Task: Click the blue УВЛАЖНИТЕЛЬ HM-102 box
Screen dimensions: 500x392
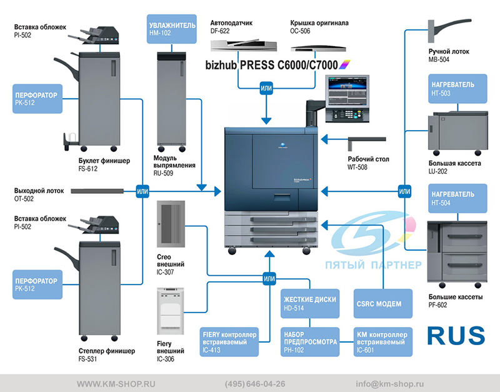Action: [171, 29]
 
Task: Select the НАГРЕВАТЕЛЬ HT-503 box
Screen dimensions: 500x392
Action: [457, 89]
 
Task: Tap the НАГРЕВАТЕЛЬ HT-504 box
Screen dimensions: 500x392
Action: [457, 198]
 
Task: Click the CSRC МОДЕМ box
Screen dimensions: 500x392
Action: [383, 304]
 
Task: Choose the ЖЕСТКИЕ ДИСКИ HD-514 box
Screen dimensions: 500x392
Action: [310, 304]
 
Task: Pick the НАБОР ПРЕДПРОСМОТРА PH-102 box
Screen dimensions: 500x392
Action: [310, 342]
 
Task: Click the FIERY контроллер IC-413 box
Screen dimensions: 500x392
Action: [229, 342]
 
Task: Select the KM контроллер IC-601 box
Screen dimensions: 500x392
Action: [383, 342]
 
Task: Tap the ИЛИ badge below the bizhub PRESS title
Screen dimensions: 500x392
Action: [266, 88]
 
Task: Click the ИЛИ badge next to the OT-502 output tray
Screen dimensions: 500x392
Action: [142, 191]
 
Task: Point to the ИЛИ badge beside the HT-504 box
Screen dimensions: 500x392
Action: [404, 191]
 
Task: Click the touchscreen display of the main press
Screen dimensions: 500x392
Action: [347, 91]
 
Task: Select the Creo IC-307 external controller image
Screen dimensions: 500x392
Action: [171, 224]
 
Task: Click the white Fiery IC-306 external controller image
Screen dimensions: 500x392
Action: [171, 311]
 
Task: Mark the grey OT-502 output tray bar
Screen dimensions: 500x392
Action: [97, 191]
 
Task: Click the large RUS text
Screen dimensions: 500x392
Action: [456, 336]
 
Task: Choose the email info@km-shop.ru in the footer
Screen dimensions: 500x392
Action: [389, 384]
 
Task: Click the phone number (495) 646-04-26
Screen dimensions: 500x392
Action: [255, 384]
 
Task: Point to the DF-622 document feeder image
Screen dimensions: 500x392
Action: [244, 45]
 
